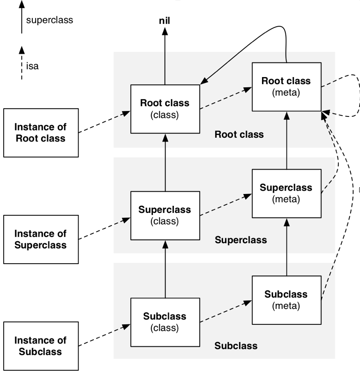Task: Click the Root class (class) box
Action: click(165, 109)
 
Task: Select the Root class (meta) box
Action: click(286, 87)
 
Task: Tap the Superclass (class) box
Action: click(165, 215)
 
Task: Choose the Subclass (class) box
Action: click(165, 322)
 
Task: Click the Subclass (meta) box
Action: click(286, 300)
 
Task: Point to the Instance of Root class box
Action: click(41, 132)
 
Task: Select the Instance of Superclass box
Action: click(41, 239)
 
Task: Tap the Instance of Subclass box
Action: click(41, 346)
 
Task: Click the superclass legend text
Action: click(50, 20)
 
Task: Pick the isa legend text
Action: click(32, 66)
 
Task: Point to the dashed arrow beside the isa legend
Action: click(22, 64)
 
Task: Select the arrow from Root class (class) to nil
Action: click(165, 57)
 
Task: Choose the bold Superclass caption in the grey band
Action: click(241, 240)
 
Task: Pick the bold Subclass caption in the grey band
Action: click(236, 346)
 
